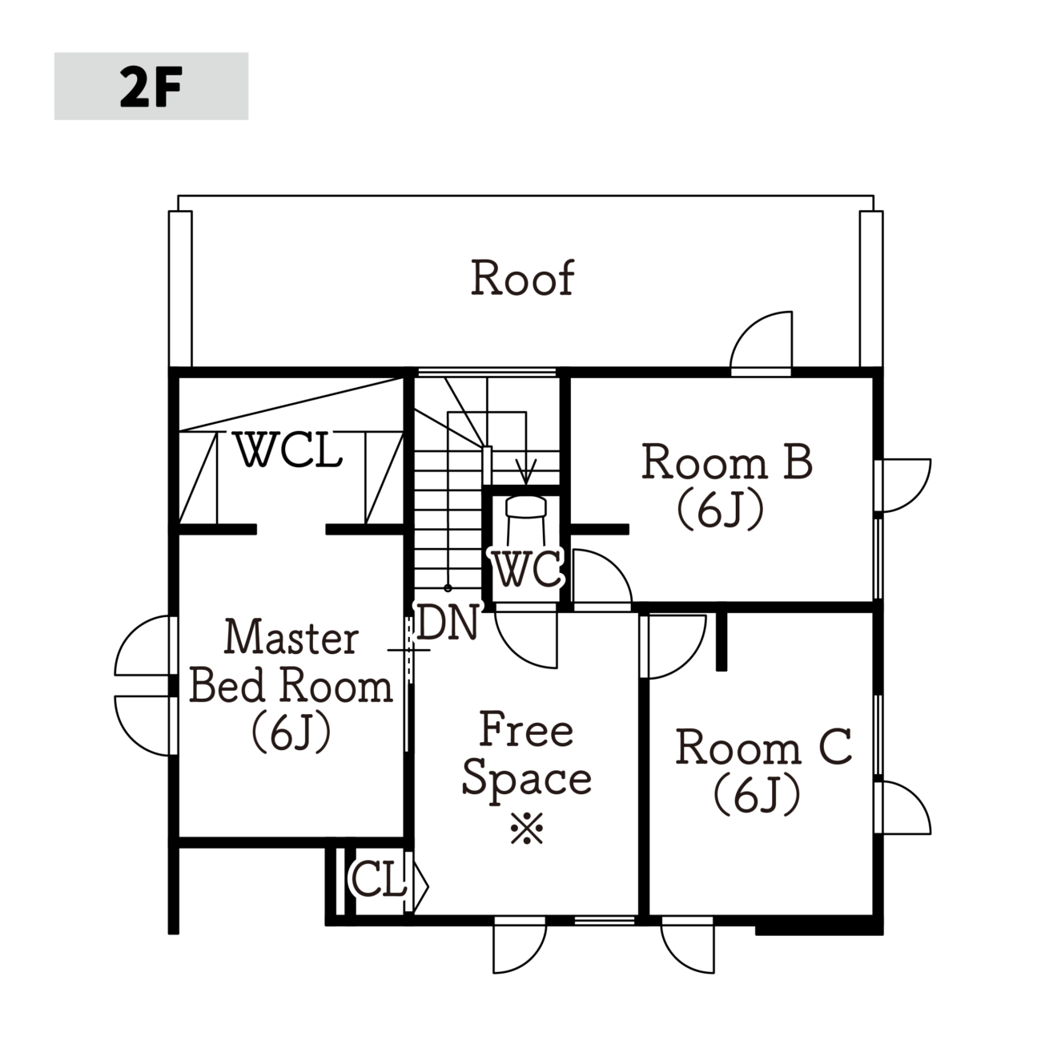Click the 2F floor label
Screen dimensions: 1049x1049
[151, 86]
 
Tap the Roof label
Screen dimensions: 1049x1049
[522, 278]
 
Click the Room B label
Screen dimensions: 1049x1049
[727, 462]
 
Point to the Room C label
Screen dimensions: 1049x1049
[763, 747]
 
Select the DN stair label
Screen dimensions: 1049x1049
[448, 622]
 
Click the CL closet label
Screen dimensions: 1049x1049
[378, 880]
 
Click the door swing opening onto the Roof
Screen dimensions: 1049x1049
[761, 342]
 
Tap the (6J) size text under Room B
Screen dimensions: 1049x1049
[720, 512]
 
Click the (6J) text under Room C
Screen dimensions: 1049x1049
[757, 797]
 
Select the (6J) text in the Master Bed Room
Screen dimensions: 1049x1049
[291, 732]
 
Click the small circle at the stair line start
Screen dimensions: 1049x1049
[448, 588]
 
